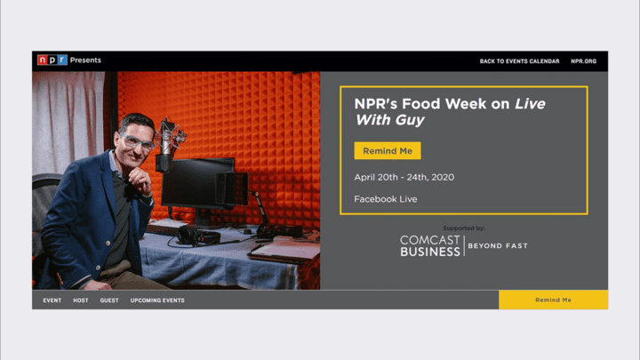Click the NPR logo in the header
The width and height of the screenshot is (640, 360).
pyautogui.click(x=52, y=60)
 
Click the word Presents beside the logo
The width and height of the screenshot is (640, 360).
pyautogui.click(x=85, y=60)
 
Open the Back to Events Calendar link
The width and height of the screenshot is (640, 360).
pyautogui.click(x=519, y=61)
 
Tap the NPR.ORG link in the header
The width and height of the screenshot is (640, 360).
pyautogui.click(x=583, y=61)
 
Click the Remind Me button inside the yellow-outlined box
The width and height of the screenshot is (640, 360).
pyautogui.click(x=388, y=150)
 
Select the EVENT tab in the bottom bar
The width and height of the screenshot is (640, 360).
pyautogui.click(x=52, y=300)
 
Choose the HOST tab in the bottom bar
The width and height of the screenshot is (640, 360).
pyautogui.click(x=80, y=300)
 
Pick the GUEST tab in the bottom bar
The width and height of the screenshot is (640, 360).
pyautogui.click(x=109, y=300)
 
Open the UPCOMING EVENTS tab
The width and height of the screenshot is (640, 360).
pyautogui.click(x=157, y=300)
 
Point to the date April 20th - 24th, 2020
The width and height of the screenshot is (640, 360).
pyautogui.click(x=404, y=177)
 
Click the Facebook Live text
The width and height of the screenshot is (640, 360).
pyautogui.click(x=385, y=199)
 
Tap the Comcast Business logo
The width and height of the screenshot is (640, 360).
pyautogui.click(x=430, y=245)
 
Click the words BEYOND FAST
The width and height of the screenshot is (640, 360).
pyautogui.click(x=498, y=245)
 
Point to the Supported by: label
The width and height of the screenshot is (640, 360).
pyautogui.click(x=464, y=228)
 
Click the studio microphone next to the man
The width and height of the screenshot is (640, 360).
pyautogui.click(x=166, y=145)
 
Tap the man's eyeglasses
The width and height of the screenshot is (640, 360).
pyautogui.click(x=136, y=141)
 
